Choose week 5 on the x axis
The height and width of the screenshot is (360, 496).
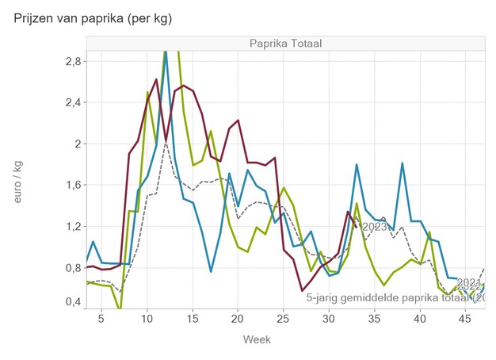tap(101, 319)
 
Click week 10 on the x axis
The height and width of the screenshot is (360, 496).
tap(147, 319)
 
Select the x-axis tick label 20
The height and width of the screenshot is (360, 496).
tap(237, 319)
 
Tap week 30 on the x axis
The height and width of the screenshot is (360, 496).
tap(328, 319)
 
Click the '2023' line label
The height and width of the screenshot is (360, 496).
tap(373, 227)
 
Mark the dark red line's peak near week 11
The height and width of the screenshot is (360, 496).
tap(156, 79)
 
